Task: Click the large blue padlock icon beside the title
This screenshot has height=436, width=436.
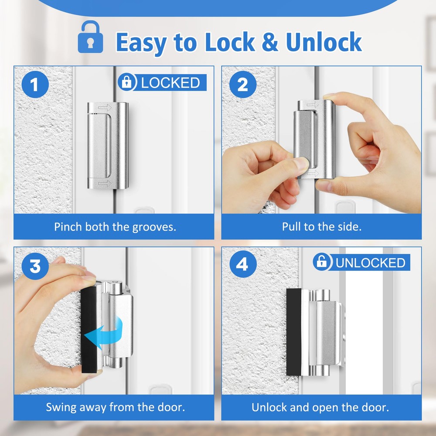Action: coord(90,37)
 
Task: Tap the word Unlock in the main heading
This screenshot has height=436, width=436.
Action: coord(324,42)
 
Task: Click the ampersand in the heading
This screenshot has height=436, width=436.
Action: coord(270,42)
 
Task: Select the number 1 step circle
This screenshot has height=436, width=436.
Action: coord(35,85)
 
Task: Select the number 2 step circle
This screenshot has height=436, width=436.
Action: coord(243,85)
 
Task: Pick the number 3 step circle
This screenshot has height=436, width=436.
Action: coord(35,266)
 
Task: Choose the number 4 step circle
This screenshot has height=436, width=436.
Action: coord(243,264)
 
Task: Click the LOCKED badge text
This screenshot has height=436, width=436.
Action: coord(170,82)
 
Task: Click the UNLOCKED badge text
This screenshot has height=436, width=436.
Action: coord(370,263)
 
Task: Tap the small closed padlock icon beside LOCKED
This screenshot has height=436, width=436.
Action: coord(127,82)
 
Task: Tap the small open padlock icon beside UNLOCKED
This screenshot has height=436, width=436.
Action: coord(322,262)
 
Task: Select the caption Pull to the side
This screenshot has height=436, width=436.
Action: coord(322,227)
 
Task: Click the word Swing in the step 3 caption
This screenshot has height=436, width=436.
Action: coord(61,408)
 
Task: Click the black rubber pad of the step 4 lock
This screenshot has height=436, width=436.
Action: coord(293,332)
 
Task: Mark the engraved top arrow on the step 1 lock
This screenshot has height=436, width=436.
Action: coord(105,107)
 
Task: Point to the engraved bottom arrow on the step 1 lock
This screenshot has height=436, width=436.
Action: coord(105,183)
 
